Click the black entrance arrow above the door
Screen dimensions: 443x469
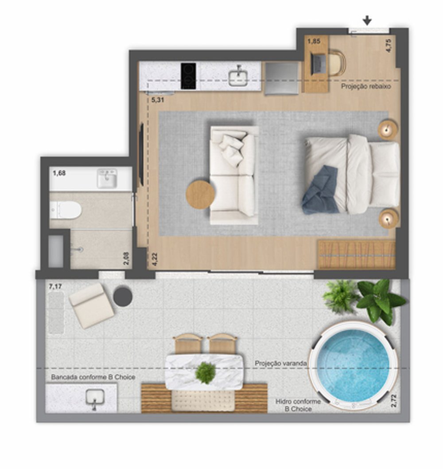(x=367, y=21)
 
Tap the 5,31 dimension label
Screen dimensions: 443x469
(x=158, y=100)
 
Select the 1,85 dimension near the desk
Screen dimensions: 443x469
(x=314, y=41)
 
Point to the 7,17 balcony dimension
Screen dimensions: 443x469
(x=55, y=287)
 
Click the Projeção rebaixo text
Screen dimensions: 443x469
(x=366, y=86)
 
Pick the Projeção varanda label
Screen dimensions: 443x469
(x=281, y=363)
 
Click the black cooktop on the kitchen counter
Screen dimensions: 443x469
(x=188, y=76)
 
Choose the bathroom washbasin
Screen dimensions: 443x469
(x=107, y=179)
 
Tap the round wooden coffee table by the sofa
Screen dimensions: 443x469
(x=200, y=195)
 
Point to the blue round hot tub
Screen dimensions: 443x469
(x=354, y=365)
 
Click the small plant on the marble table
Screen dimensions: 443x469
(x=206, y=373)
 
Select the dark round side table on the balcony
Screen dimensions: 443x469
(x=123, y=296)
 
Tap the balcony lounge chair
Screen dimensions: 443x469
(x=91, y=306)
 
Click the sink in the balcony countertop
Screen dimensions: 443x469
(x=95, y=399)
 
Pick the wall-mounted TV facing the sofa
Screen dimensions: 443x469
(x=142, y=154)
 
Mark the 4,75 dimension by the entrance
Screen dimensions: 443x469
(x=389, y=46)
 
